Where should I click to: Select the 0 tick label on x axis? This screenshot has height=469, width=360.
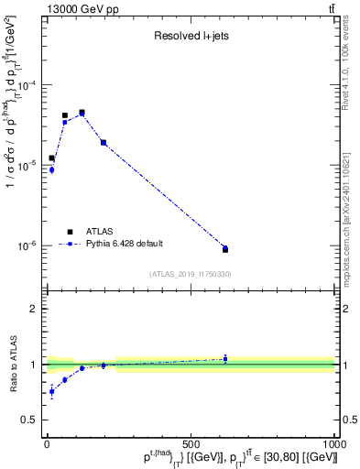(x=47, y=443)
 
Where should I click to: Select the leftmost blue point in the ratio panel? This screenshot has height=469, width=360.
(x=51, y=392)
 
